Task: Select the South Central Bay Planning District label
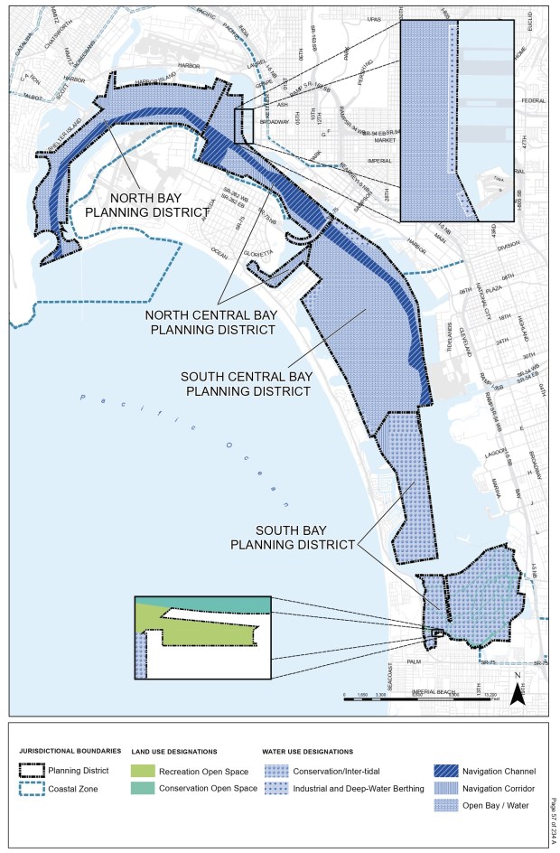[245, 383]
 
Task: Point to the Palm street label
[414, 661]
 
